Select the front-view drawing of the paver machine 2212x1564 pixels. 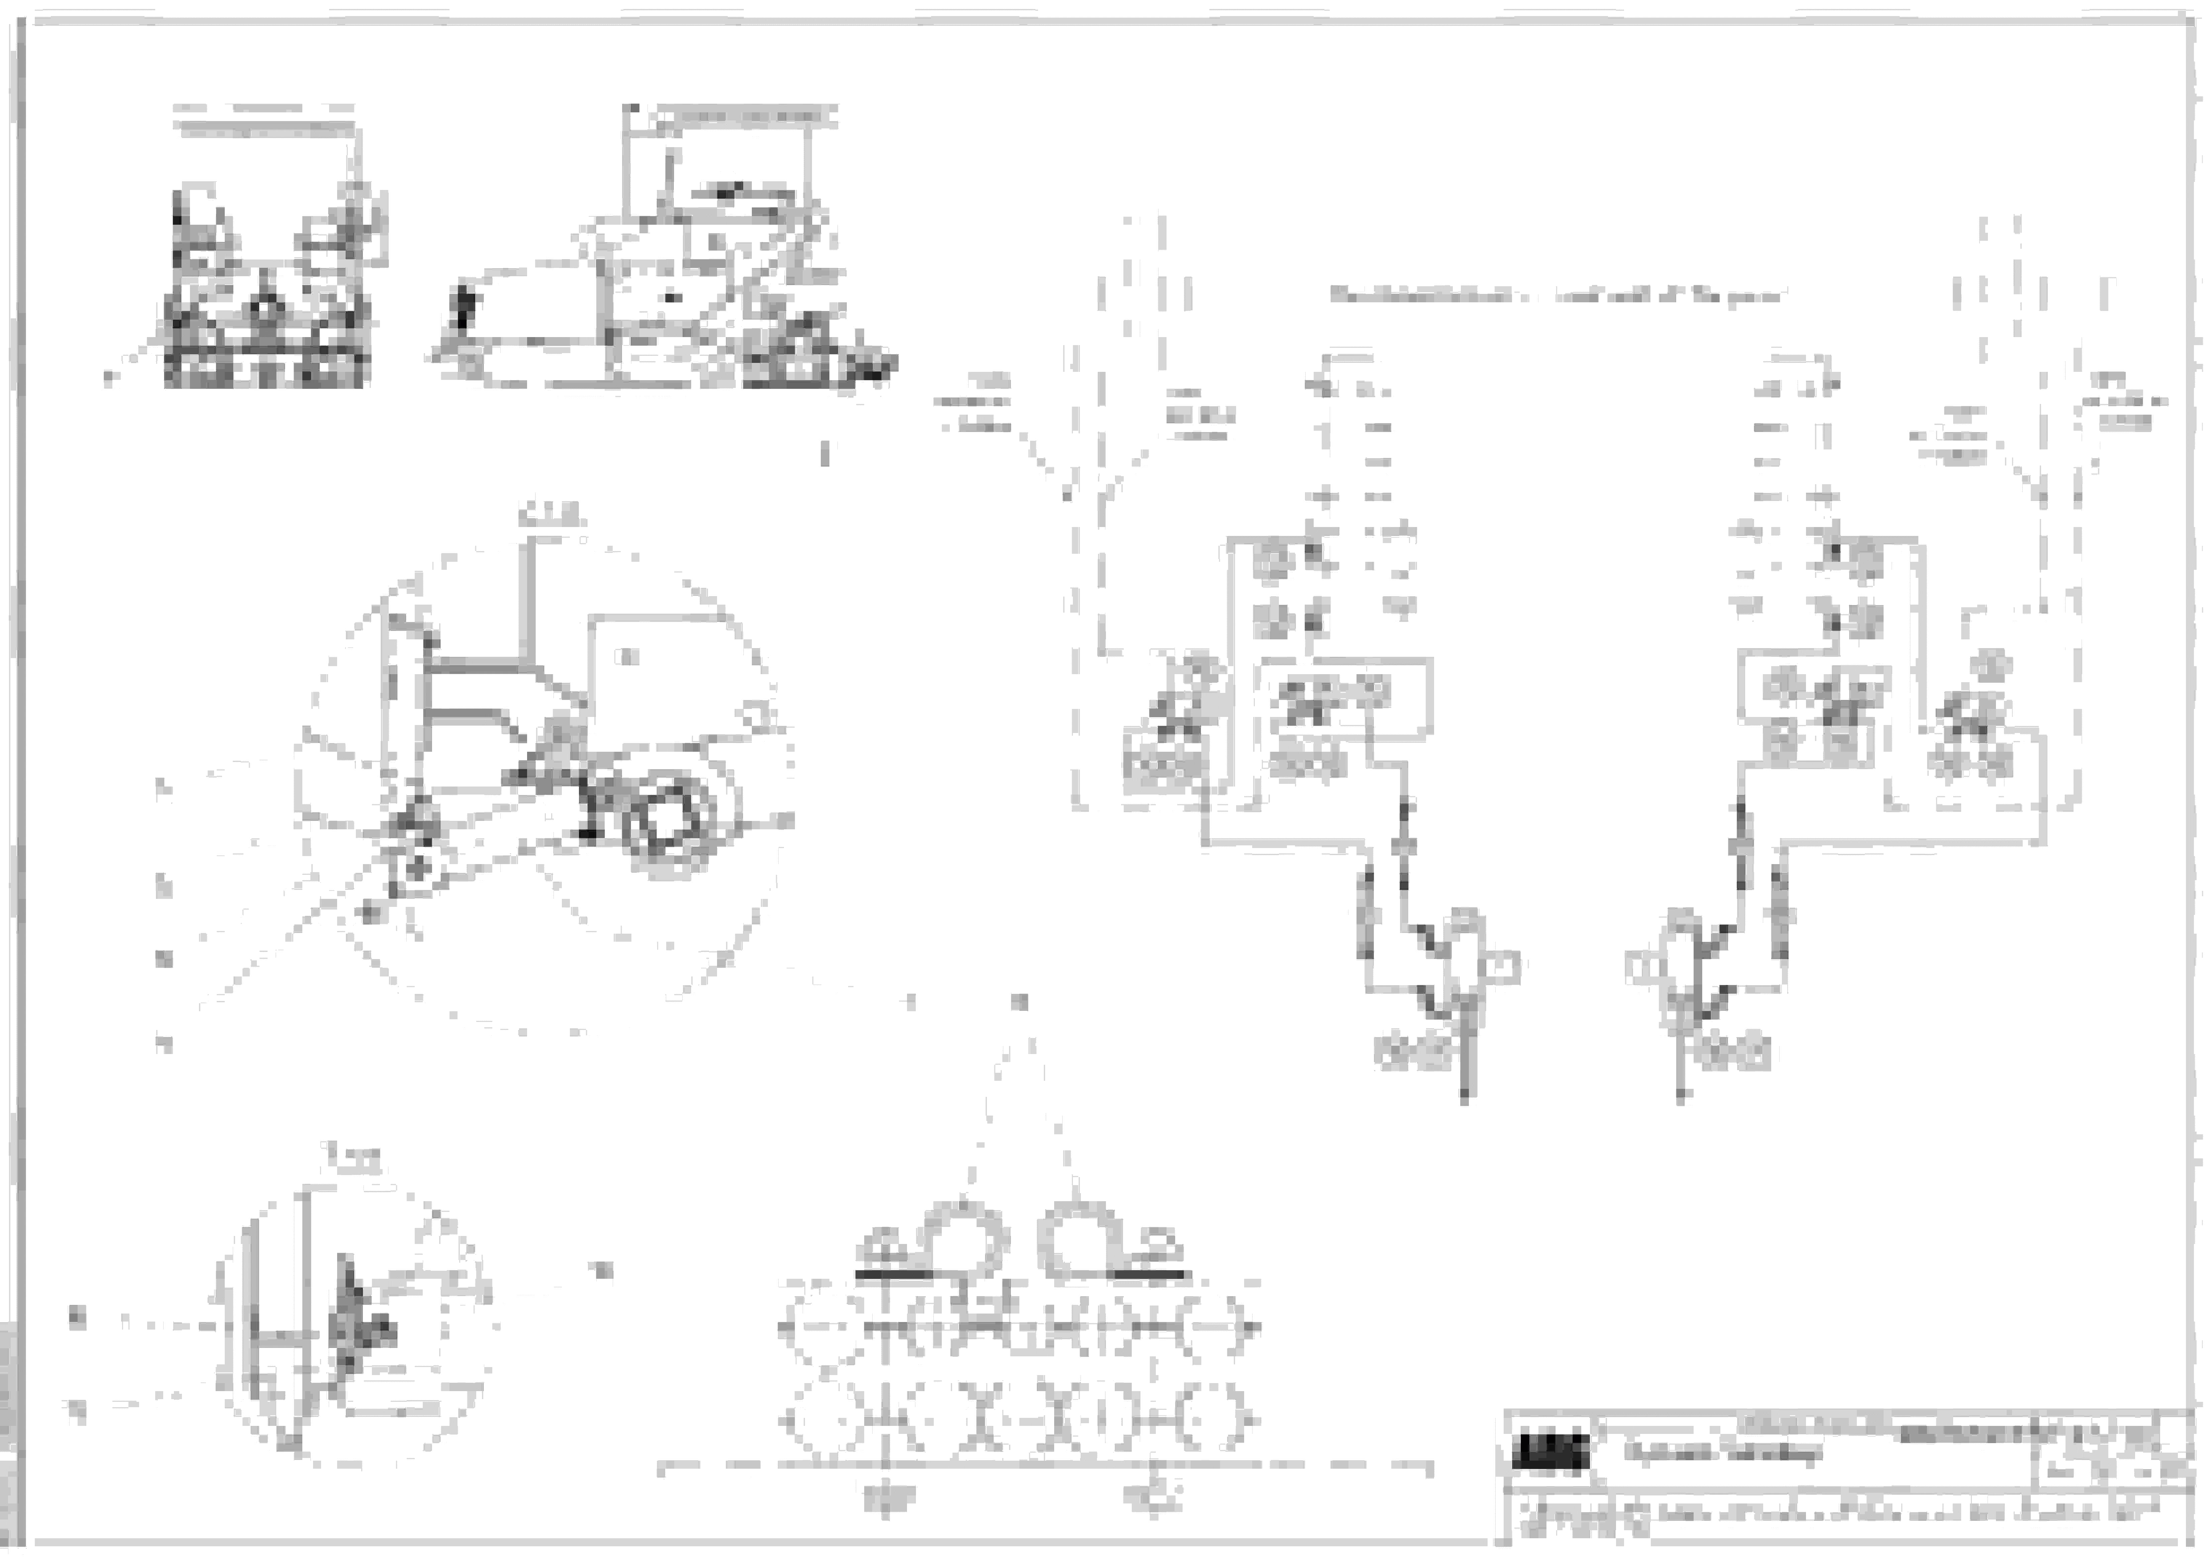267,289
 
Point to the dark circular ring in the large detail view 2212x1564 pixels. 665,826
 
